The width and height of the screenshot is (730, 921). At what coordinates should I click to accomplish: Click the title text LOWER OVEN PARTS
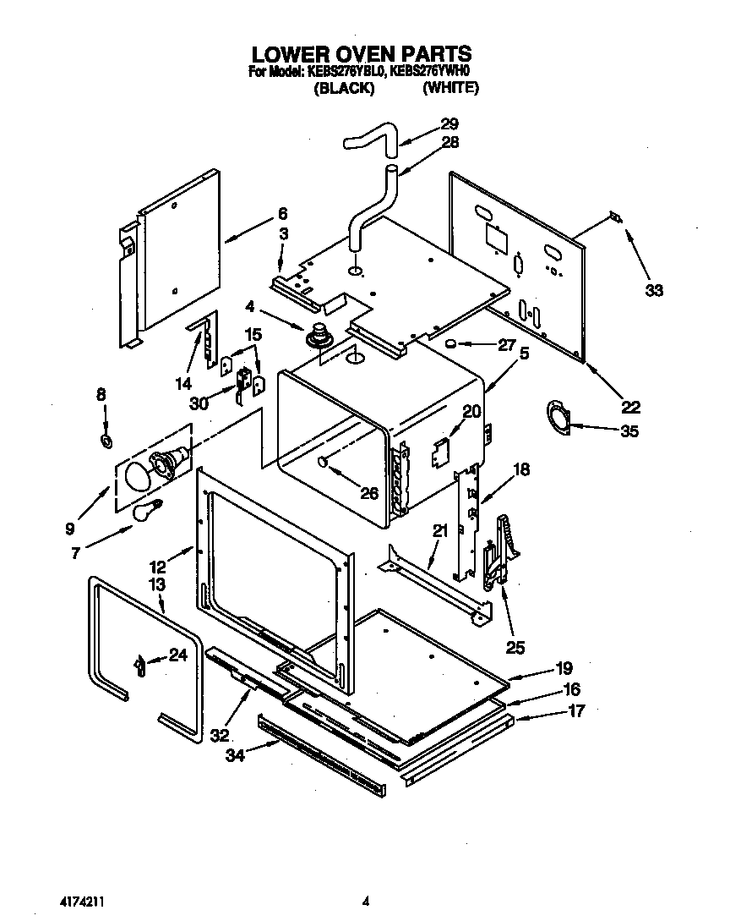[363, 56]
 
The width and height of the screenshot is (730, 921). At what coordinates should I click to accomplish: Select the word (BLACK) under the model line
[345, 88]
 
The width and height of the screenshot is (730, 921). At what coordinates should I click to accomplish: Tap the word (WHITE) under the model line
[450, 88]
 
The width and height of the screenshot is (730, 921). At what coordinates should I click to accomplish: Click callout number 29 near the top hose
[449, 124]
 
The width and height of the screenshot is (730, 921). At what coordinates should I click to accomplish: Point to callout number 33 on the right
[654, 291]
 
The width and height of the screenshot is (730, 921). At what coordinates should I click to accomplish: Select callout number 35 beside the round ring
[629, 430]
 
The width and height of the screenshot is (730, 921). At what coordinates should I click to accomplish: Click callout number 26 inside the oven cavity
[369, 493]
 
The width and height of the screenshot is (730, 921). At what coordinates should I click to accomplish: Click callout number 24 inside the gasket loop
[177, 654]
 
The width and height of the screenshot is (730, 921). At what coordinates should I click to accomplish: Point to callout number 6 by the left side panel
[283, 213]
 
